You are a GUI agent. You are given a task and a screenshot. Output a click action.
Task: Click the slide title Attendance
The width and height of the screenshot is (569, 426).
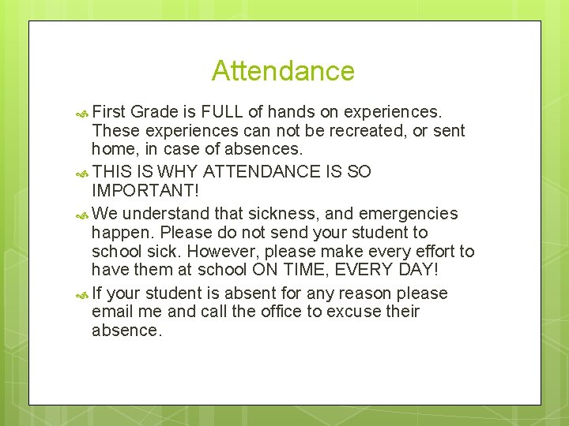283,71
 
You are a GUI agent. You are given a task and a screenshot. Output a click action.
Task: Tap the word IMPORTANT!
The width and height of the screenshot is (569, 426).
140,192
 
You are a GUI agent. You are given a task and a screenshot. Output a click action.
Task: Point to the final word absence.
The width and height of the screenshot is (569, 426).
126,331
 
